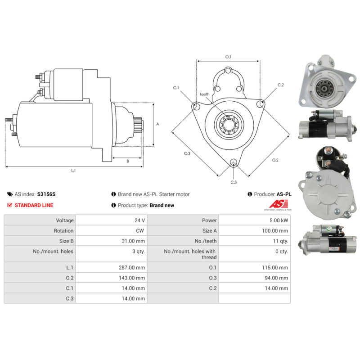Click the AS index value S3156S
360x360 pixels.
(46, 194)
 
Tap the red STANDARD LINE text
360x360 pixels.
(34, 205)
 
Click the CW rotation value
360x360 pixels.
(141, 231)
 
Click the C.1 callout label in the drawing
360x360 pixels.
(176, 88)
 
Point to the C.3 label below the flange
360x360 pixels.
(234, 182)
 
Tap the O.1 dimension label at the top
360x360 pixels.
(228, 57)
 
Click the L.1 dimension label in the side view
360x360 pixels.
(73, 171)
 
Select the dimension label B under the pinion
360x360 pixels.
(127, 161)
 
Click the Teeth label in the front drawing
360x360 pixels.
(204, 94)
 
